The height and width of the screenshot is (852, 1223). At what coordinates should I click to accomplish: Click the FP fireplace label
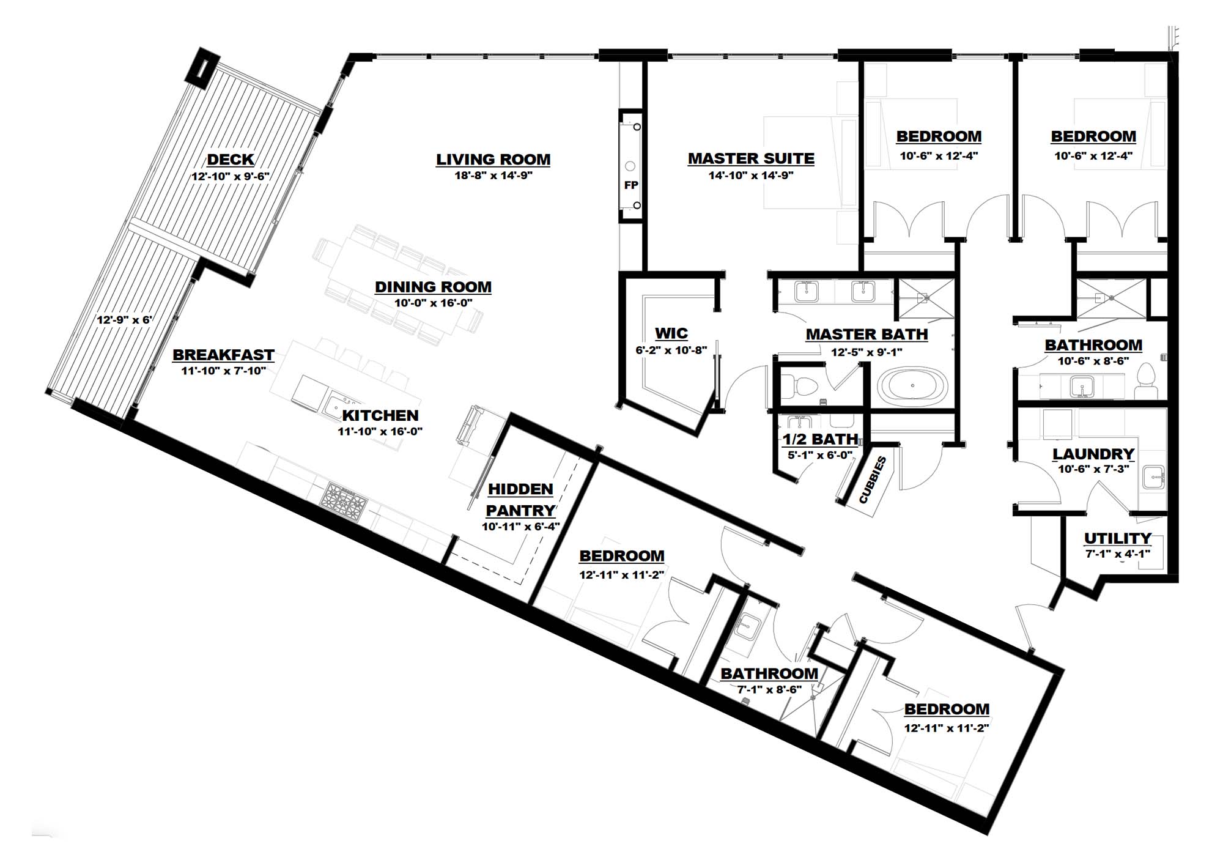[631, 185]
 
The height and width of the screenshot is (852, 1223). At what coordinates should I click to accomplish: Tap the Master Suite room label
[751, 158]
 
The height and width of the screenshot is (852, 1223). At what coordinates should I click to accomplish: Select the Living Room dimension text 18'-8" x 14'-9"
[493, 176]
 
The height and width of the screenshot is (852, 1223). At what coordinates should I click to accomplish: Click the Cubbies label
[873, 480]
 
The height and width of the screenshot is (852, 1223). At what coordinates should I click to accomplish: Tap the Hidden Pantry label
[520, 500]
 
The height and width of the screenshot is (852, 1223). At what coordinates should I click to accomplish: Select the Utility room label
[1118, 538]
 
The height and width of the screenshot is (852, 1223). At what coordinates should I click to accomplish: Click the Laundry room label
[1093, 454]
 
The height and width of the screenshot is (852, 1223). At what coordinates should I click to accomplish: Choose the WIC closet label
[671, 333]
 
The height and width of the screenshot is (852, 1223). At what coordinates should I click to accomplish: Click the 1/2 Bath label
[821, 439]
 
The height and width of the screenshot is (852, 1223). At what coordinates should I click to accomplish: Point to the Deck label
[231, 160]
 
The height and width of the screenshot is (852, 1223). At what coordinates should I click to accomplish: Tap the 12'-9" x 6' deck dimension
[124, 320]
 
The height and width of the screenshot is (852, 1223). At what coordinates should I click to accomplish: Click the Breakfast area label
[223, 355]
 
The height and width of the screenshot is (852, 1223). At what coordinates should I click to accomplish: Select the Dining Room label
[433, 287]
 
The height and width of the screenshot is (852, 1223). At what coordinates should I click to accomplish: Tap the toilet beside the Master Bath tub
[802, 385]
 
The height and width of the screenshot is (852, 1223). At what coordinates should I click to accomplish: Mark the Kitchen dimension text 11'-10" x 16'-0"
[380, 431]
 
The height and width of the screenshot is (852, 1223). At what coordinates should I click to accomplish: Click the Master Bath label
[866, 335]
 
